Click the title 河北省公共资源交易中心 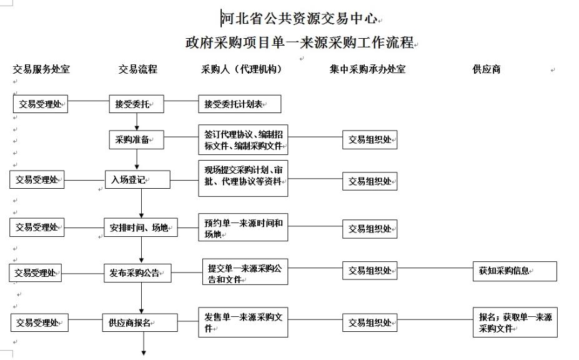(x=299, y=18)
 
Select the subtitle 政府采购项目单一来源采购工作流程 (x=300, y=42)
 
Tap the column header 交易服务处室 (x=41, y=69)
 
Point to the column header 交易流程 (x=138, y=69)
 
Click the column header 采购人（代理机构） (x=242, y=69)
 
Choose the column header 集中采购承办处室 (x=367, y=69)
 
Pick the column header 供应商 (x=487, y=69)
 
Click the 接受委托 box (x=137, y=104)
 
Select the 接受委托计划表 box (x=240, y=104)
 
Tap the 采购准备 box (x=137, y=140)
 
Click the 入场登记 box (x=138, y=179)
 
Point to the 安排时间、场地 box (x=141, y=227)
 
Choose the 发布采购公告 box (x=138, y=272)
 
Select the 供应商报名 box (x=140, y=322)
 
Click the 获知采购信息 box (x=515, y=271)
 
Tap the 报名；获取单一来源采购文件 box (x=515, y=322)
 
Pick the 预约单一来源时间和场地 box (x=243, y=227)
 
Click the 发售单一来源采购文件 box (x=243, y=322)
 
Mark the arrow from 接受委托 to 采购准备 (x=137, y=122)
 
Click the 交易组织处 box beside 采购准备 (x=370, y=140)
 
